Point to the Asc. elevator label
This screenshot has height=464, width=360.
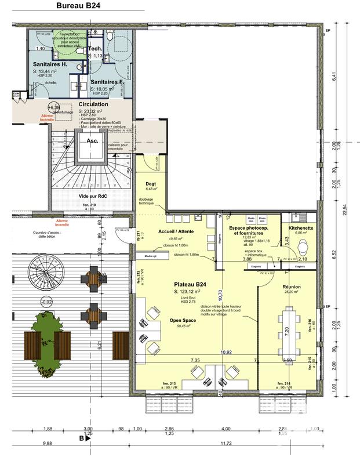pos(92,140)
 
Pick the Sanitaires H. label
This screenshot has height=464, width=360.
pos(50,65)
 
